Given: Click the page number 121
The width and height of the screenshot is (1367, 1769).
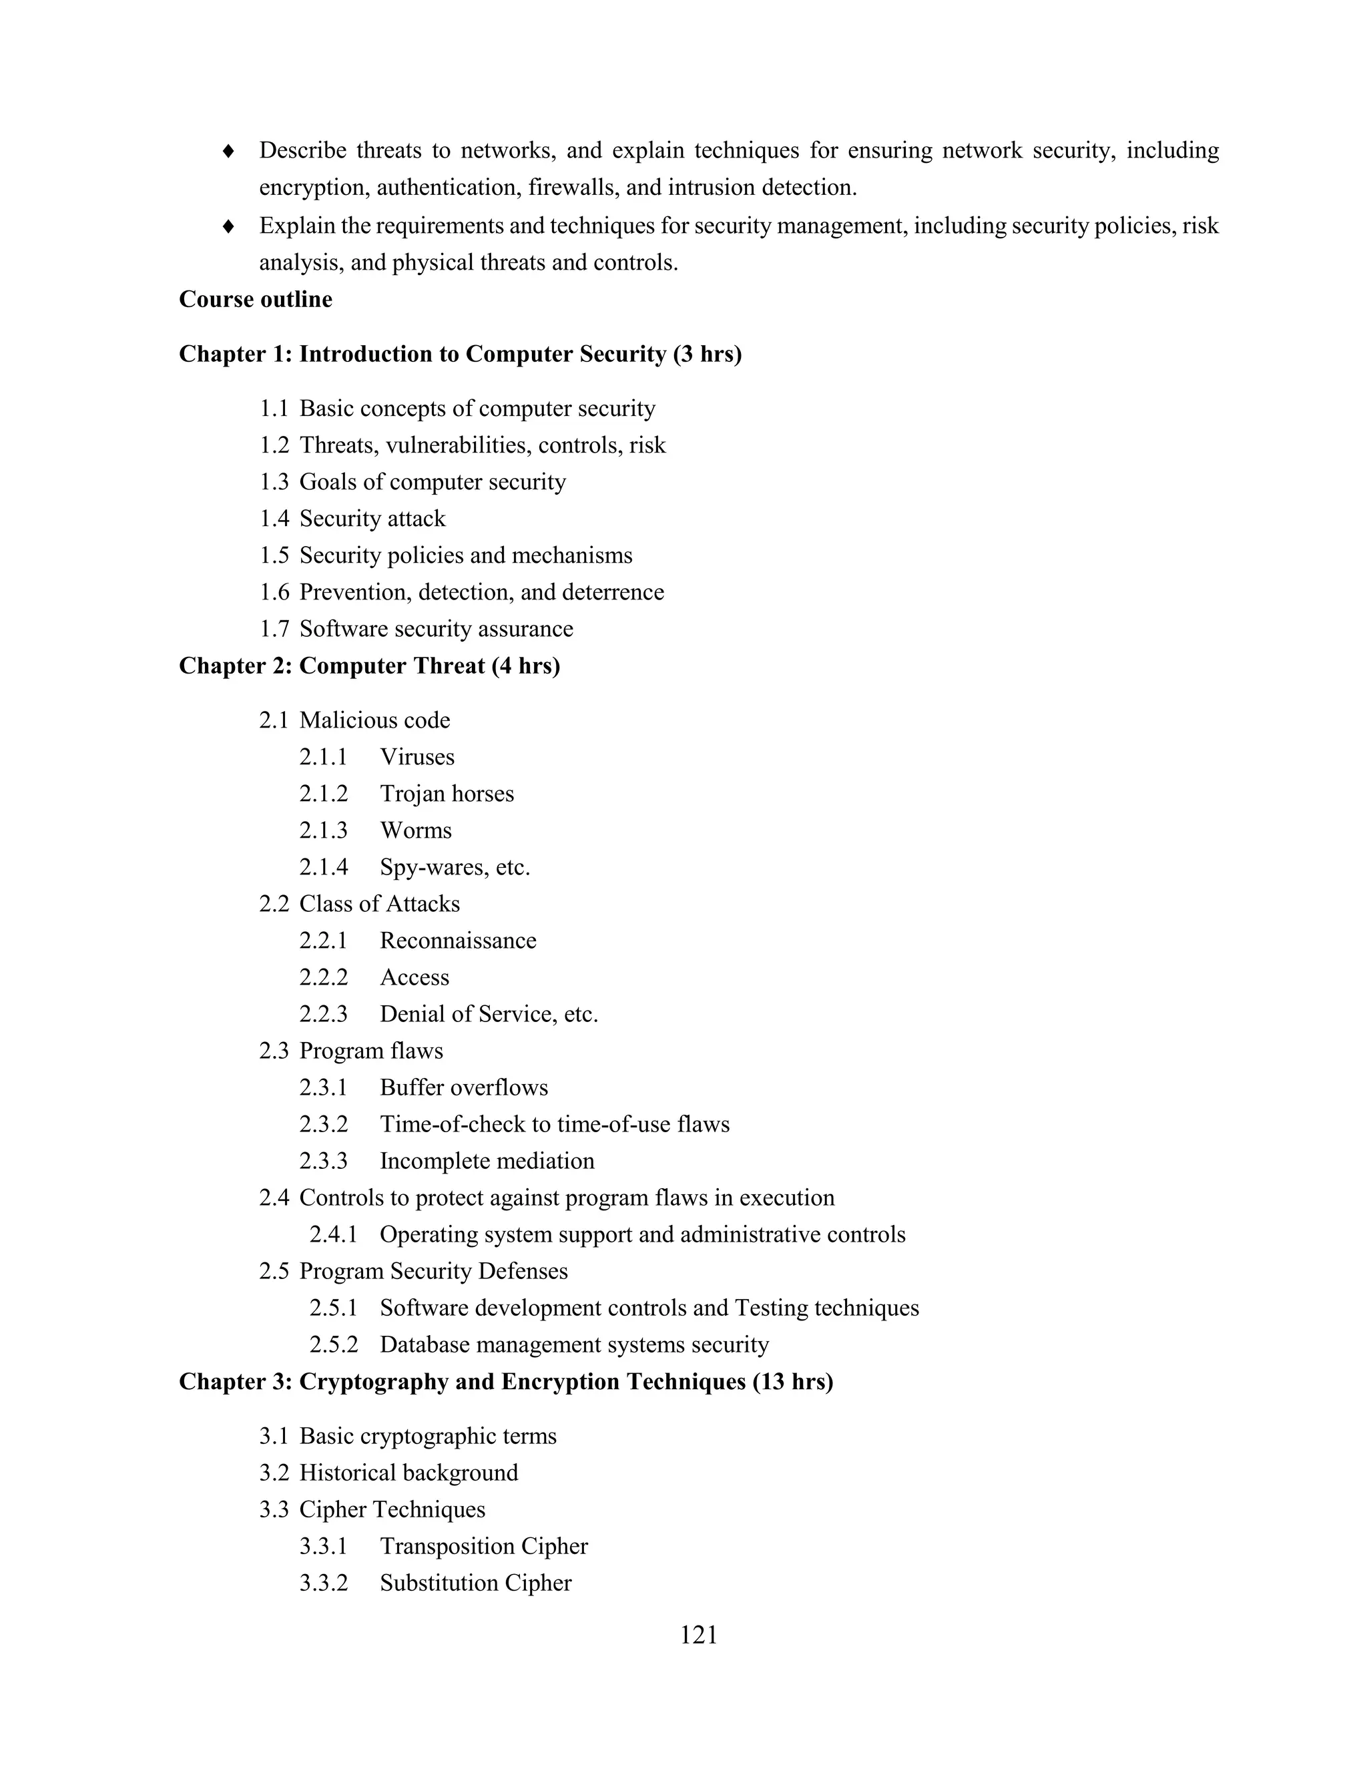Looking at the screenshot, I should coord(698,1635).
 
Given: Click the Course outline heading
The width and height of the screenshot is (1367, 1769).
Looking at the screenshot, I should coord(255,300).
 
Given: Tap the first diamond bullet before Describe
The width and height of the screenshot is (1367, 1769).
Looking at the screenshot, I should coord(229,152).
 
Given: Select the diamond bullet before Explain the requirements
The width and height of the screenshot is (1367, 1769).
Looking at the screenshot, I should coord(229,226).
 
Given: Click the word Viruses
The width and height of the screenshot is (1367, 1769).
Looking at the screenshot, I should coord(417,758).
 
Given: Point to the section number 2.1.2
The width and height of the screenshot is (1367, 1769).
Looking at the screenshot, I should coord(323,794).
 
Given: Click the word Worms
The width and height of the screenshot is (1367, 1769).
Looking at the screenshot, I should coord(415,831).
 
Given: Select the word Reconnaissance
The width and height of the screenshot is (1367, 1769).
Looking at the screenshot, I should coord(457,941).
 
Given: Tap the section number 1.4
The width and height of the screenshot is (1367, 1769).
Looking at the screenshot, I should coord(274,519).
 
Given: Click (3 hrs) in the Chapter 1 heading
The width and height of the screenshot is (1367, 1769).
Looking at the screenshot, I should coord(707,354).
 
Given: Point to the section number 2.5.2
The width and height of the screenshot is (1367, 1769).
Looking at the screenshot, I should coord(333,1345).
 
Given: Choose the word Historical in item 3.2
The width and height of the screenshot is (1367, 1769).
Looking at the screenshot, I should coord(346,1473).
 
